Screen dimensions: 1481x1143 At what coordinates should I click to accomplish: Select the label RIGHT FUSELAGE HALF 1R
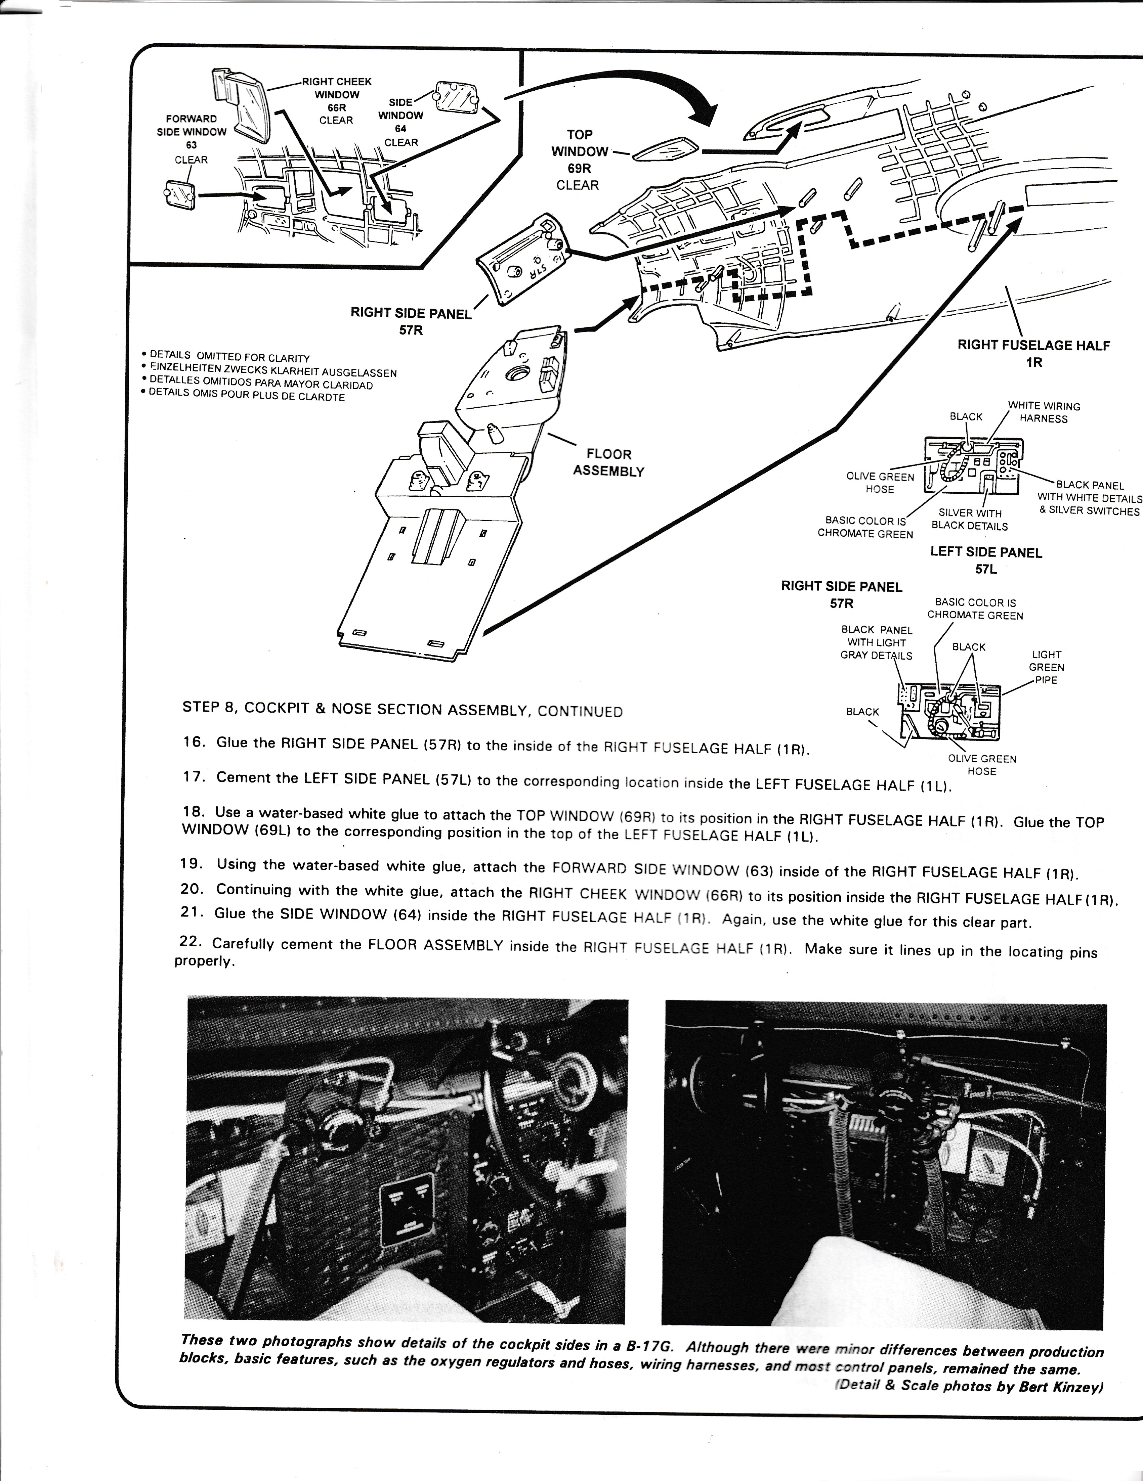click(1033, 353)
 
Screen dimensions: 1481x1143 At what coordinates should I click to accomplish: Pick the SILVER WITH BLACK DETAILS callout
click(969, 520)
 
